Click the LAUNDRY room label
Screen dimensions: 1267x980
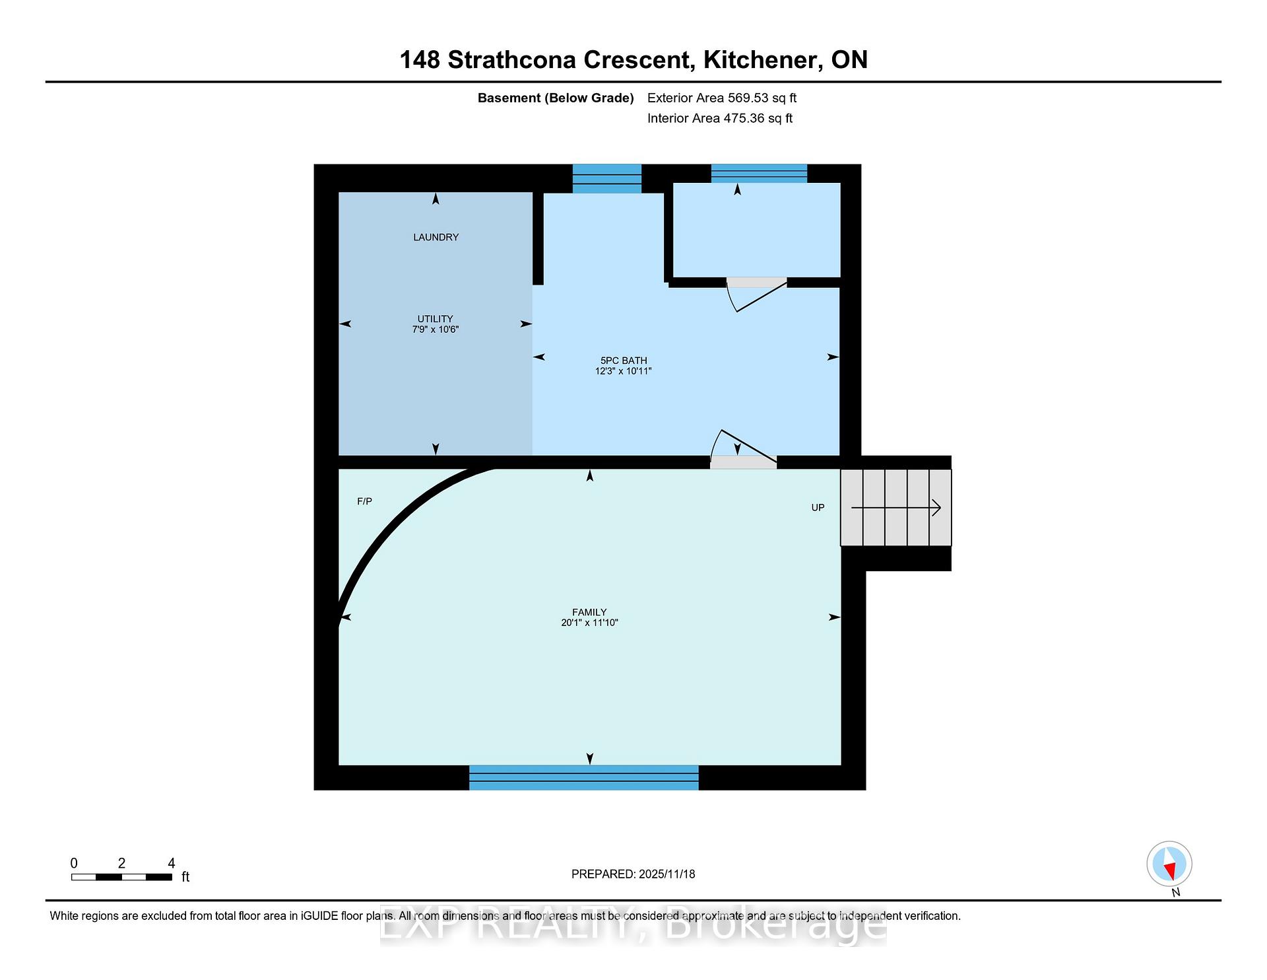(436, 237)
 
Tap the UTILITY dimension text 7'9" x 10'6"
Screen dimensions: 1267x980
(435, 329)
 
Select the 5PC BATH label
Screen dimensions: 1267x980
(624, 361)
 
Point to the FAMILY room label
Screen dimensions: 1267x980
(589, 612)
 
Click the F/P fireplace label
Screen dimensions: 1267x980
(364, 501)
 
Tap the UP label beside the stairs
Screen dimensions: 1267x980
(818, 507)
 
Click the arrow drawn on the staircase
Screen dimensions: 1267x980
(896, 507)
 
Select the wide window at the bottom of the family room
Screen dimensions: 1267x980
(584, 777)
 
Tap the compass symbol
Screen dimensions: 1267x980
(1169, 864)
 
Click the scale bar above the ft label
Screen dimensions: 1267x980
(121, 877)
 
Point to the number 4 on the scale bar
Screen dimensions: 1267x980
(172, 863)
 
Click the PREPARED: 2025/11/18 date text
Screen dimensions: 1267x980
(633, 874)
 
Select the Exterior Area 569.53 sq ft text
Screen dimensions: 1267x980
(722, 98)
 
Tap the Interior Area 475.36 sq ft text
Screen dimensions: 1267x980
(720, 118)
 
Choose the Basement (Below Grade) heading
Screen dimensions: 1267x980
(556, 98)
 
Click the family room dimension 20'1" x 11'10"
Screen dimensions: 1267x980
(589, 622)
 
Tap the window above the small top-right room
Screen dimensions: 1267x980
(759, 173)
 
